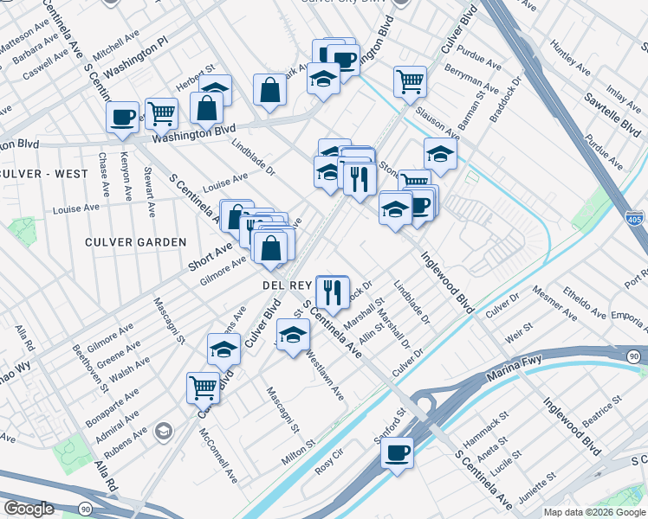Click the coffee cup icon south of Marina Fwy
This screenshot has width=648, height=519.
(397, 452)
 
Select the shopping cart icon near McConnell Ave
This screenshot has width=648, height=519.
(203, 387)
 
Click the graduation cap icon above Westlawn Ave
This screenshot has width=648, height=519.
(293, 335)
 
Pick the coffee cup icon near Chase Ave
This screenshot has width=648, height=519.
(122, 116)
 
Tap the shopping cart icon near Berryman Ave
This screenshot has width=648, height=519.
(410, 81)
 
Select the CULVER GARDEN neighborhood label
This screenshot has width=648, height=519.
(136, 242)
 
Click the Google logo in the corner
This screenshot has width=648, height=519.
(29, 509)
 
